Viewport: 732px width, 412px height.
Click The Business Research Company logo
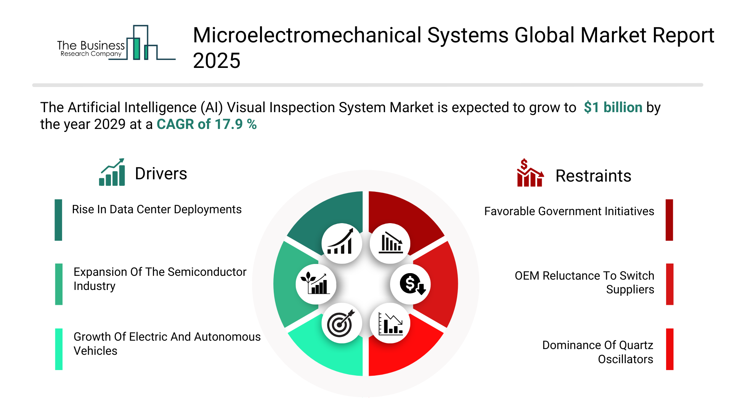coord(116,43)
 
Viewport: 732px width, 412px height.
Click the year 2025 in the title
coord(217,61)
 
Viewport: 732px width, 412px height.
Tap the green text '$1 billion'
coord(613,108)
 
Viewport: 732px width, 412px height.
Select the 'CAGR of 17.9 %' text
coord(207,124)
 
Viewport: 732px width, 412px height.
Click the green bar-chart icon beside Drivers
coord(112,172)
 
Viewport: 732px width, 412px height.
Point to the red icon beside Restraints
coord(530,173)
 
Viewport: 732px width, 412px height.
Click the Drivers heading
coord(161,174)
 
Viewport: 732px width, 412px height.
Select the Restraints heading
coord(593,176)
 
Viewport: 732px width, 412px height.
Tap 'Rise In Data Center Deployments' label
coord(157,209)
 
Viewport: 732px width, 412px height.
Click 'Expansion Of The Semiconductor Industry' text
coord(160,279)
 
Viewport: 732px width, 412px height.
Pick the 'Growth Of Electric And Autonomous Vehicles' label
coord(167,344)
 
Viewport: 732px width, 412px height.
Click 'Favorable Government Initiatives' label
coord(569,211)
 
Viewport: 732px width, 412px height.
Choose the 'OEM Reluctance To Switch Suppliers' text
coord(584,283)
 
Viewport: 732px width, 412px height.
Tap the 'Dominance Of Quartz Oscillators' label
coord(598,352)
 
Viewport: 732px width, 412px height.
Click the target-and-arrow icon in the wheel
coord(342,323)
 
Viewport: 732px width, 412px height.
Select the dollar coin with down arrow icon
coord(411,284)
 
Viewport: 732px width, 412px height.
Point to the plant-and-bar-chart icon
coord(316,284)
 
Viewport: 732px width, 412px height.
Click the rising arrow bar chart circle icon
coord(342,243)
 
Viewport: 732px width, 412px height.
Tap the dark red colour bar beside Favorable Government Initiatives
coord(669,220)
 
